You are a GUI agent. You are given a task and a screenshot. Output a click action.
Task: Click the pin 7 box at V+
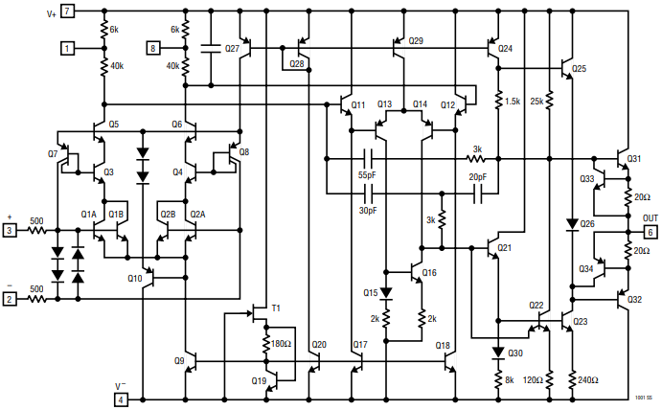coord(67,11)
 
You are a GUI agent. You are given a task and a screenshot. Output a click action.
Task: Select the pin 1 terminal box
coord(67,47)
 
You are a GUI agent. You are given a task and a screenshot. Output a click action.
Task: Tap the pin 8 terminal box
coord(154,47)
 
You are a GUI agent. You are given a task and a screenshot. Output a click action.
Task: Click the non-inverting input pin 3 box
coord(9,231)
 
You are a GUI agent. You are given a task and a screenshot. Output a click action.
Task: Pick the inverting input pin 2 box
coord(9,299)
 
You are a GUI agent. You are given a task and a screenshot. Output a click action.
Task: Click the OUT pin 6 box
coord(651,231)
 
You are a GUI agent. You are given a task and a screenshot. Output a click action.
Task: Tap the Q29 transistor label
coord(415,41)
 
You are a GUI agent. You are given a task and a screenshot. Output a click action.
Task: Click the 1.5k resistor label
coord(512,101)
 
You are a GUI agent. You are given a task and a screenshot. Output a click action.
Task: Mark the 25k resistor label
coord(536,101)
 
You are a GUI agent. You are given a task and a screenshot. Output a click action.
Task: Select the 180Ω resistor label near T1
coord(280,344)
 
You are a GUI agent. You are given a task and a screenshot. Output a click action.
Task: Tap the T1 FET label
coord(276,307)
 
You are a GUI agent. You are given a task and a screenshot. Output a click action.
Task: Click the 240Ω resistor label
coord(587,379)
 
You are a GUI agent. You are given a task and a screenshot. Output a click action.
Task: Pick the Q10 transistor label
coord(134,279)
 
